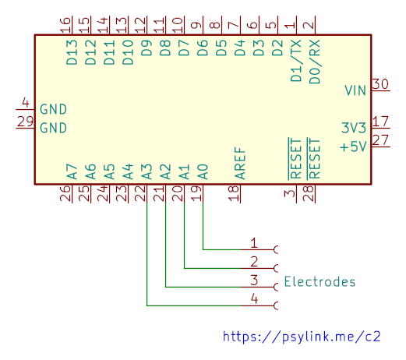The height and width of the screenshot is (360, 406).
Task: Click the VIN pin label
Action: point(355,90)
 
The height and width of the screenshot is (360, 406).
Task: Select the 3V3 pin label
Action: point(354,128)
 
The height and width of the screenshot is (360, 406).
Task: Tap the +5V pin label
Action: point(353,146)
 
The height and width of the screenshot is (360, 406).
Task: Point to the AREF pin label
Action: point(240,164)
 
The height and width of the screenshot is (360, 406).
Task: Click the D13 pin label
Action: point(72,52)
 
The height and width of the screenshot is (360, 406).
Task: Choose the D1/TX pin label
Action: point(296,61)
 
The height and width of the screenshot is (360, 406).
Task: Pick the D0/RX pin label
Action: point(315,62)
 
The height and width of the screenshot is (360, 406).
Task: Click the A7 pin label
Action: point(72,171)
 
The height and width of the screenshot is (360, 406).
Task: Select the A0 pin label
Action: point(203,171)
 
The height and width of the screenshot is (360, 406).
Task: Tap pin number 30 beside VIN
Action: point(380,84)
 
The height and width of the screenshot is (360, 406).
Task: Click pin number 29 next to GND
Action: point(25,122)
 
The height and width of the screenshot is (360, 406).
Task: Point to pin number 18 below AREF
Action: point(234,193)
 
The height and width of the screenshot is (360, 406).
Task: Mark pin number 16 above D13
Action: point(65,25)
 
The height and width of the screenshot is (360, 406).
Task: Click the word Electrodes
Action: point(320,281)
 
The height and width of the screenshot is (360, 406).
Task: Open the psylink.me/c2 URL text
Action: point(302,337)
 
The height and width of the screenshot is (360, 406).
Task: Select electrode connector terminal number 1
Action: point(276,249)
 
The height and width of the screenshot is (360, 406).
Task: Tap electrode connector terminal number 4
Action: point(276,305)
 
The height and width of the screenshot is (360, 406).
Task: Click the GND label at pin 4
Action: point(53,109)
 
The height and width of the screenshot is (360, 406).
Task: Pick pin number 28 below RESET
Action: point(309,193)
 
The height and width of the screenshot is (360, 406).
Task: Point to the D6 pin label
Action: point(203,48)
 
